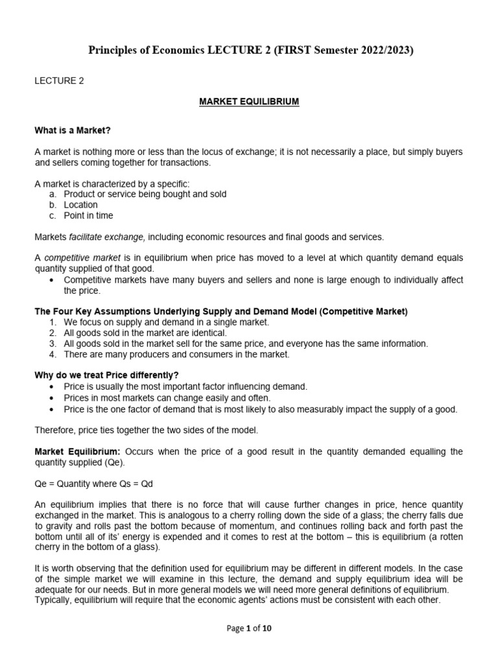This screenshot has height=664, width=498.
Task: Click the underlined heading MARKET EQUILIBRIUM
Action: point(249,102)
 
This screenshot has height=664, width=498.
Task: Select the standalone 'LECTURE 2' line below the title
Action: point(59,81)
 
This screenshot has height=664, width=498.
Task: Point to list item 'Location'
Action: point(80,205)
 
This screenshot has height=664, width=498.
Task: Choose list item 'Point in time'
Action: point(88,215)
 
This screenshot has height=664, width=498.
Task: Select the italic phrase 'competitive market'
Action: point(82,257)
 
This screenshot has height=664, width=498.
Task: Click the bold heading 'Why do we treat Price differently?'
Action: point(106,375)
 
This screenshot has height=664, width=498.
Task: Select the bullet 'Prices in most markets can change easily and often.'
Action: point(167,397)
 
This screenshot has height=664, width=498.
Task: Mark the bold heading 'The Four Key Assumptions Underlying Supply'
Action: point(220,311)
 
